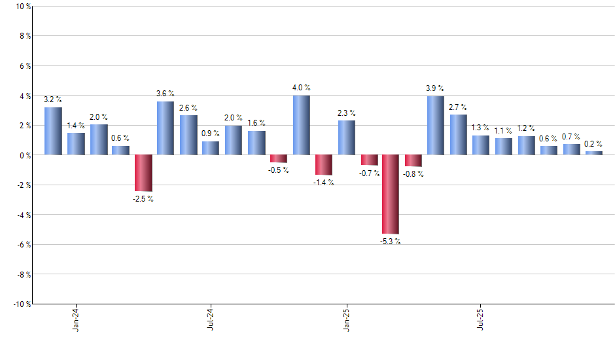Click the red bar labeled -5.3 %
click(391, 194)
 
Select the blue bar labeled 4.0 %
click(301, 125)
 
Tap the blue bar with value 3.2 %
click(53, 131)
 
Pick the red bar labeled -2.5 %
click(143, 173)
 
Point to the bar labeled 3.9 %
click(436, 126)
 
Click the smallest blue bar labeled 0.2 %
click(593, 153)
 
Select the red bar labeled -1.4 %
click(323, 165)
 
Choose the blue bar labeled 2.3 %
click(346, 137)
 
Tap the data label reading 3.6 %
click(166, 94)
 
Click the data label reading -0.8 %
click(413, 174)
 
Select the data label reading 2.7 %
click(458, 107)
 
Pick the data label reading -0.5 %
click(278, 170)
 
